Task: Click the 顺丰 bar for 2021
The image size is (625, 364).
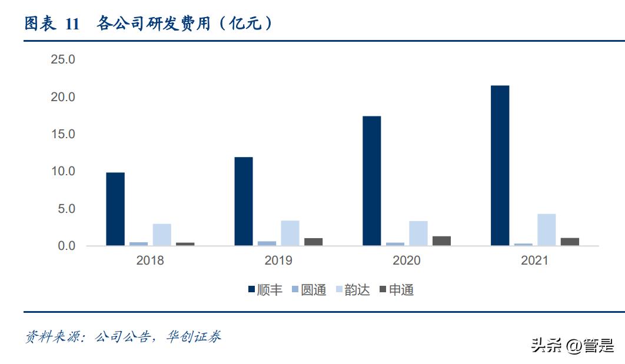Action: (500, 165)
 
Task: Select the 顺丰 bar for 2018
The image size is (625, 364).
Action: (115, 209)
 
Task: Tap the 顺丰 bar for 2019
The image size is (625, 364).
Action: (244, 201)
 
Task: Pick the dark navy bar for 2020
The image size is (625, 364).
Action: (371, 181)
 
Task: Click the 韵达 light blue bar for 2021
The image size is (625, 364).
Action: (546, 229)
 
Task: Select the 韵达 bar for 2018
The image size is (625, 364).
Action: (162, 235)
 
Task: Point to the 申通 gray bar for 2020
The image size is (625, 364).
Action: (441, 241)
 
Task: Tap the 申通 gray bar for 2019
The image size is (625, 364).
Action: (313, 242)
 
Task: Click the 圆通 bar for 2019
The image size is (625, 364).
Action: (267, 243)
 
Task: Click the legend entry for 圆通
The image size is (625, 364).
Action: (309, 290)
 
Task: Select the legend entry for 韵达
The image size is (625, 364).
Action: (353, 290)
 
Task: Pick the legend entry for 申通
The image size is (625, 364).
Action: (396, 290)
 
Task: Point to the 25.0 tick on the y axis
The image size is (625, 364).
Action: (63, 59)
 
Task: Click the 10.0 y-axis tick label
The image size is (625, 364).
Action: (63, 171)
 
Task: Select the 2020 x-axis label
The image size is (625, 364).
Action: (406, 261)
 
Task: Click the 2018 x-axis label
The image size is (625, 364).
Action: (150, 261)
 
